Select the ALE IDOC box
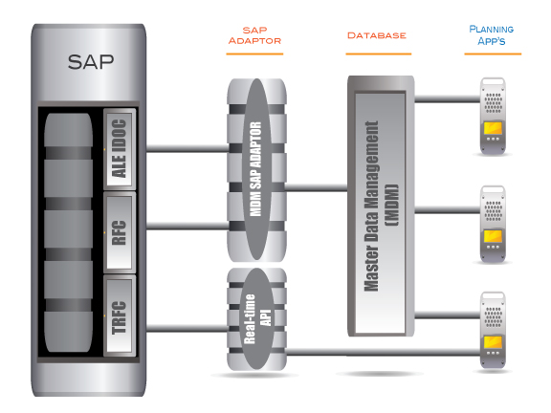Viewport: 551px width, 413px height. (119, 148)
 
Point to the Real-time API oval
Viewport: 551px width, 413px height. (255, 319)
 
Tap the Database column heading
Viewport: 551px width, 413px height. (377, 35)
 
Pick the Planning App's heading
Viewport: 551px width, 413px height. (493, 35)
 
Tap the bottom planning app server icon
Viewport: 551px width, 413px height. (493, 331)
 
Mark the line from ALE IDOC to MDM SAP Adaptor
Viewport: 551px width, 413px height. (182, 148)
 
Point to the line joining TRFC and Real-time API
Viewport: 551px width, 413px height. (182, 329)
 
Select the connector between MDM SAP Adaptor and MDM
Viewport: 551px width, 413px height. (316, 186)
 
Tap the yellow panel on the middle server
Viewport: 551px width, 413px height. (494, 236)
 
